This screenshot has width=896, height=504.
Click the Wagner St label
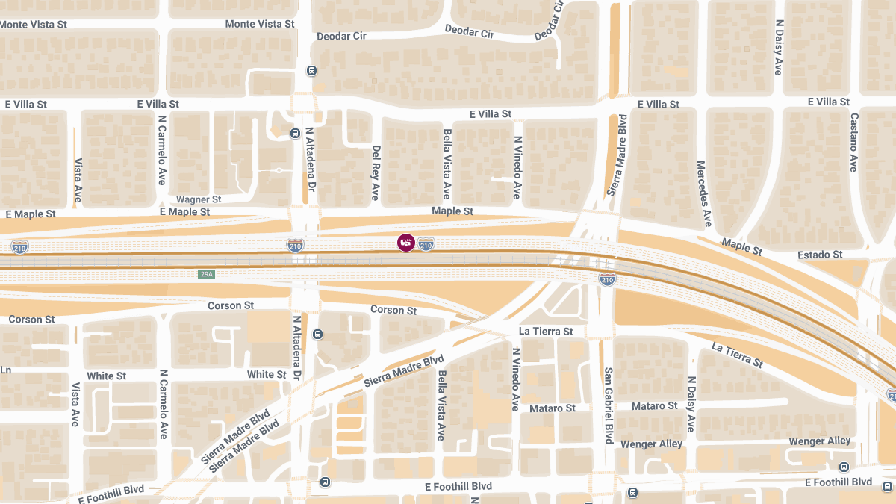[x=199, y=199]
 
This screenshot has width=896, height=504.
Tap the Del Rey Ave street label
[x=376, y=172]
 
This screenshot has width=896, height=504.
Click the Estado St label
[x=820, y=255]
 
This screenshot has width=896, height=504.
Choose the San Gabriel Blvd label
[x=609, y=405]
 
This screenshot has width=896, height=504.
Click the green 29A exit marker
[x=206, y=274]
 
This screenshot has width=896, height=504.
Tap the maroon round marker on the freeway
[x=405, y=243]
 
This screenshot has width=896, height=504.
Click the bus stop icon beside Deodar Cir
[x=311, y=71]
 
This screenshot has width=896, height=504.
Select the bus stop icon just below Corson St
[x=317, y=334]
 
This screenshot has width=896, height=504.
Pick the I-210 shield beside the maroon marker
[x=426, y=243]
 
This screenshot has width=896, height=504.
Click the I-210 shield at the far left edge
[x=20, y=246]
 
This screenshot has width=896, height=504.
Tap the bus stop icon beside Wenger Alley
[x=844, y=467]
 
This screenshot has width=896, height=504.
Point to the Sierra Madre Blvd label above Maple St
[x=616, y=155]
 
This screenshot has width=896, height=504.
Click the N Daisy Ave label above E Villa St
[x=778, y=47]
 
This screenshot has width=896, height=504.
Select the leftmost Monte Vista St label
[x=34, y=25]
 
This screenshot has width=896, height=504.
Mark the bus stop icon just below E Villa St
[x=295, y=134]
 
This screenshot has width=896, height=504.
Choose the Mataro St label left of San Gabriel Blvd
[x=553, y=408]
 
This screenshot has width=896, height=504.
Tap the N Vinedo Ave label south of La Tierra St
[x=515, y=379]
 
